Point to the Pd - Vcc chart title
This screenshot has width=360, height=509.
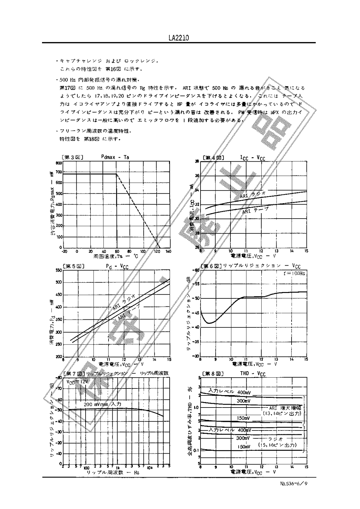(117, 267)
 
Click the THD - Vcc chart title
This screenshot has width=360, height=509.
(252, 373)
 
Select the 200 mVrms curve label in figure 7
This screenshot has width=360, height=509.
(102, 404)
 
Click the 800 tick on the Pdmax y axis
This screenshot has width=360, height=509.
(59, 163)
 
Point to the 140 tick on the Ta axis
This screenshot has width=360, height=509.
(168, 251)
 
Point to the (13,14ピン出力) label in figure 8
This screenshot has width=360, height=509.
(282, 413)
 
